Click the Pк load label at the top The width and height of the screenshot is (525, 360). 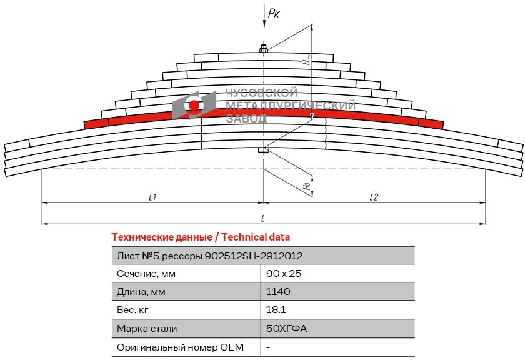tap(273, 12)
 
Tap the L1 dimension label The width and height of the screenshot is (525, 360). tap(152, 196)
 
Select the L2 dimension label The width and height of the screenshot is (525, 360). tap(374, 196)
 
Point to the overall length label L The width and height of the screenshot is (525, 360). tap(263, 218)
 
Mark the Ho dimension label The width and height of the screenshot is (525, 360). tap(306, 186)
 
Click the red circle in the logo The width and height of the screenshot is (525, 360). tap(194, 106)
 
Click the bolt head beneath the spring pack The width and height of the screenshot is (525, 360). tap(263, 150)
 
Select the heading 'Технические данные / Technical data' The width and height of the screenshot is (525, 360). tap(200, 237)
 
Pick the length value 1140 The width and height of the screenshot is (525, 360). tap(278, 292)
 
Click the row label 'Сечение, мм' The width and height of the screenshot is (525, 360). tap(146, 274)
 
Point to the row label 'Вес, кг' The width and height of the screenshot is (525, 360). tap(134, 310)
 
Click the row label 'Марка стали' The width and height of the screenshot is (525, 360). tap(147, 328)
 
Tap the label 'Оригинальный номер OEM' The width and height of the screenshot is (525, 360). tap(180, 346)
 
